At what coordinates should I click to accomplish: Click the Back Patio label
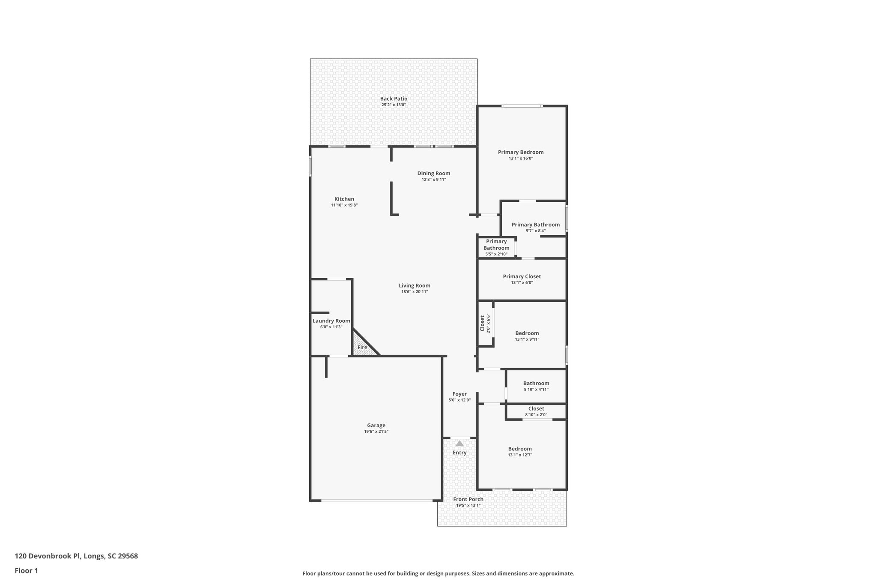(x=394, y=99)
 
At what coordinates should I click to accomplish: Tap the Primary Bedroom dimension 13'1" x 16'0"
(x=521, y=159)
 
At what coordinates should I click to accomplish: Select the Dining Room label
(x=434, y=174)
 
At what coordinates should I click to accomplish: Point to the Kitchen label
(x=344, y=199)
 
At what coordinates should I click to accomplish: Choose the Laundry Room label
(x=331, y=321)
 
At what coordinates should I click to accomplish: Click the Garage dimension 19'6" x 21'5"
(x=376, y=432)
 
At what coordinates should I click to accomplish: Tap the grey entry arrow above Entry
(x=459, y=444)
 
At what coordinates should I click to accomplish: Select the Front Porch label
(x=468, y=499)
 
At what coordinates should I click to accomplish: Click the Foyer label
(x=459, y=394)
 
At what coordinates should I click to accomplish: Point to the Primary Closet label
(x=522, y=277)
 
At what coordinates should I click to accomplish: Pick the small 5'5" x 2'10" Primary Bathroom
(x=496, y=248)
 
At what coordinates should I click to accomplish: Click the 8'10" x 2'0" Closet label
(x=536, y=409)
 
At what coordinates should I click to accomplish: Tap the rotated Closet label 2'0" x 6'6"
(x=485, y=323)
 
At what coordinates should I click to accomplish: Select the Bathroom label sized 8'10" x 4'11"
(x=536, y=384)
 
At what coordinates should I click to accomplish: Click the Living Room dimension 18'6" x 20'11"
(x=415, y=292)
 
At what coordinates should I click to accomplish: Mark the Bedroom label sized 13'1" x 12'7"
(x=520, y=449)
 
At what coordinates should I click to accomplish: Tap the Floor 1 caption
(x=27, y=570)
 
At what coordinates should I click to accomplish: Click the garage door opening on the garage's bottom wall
(x=377, y=500)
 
